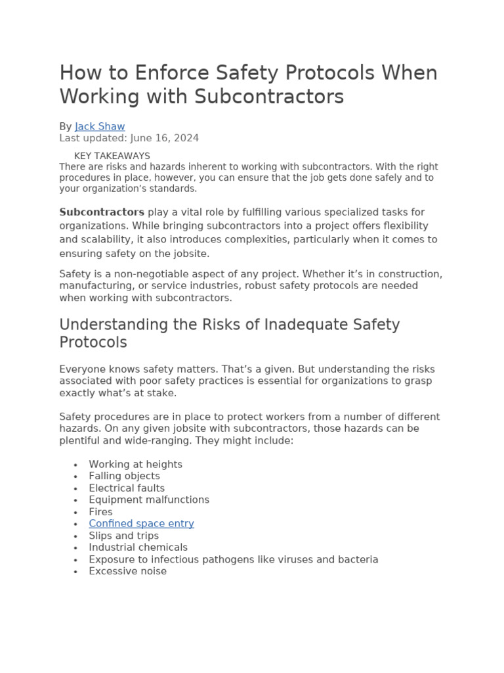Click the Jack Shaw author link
point(100,126)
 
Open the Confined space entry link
point(141,524)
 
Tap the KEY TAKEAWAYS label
point(112,156)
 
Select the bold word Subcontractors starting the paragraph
point(102,212)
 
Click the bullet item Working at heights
point(135,464)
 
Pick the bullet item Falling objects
point(124,476)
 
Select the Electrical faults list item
point(127,488)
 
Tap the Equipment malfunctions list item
point(149,499)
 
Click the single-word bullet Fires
point(100,512)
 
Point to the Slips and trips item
point(123,536)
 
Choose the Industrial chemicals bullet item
point(138,547)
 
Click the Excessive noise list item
point(127,571)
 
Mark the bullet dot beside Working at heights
point(76,465)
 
